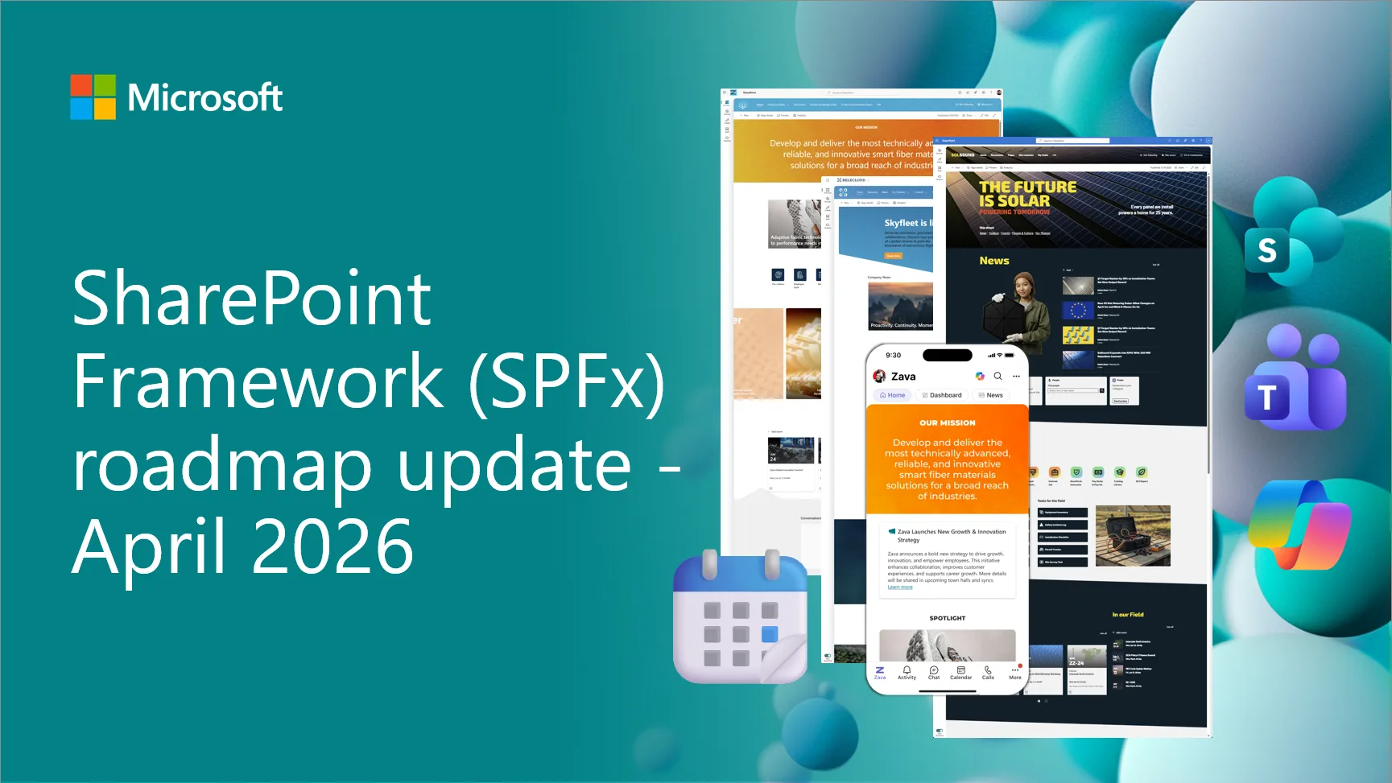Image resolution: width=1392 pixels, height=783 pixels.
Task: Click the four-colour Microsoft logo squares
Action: point(93,97)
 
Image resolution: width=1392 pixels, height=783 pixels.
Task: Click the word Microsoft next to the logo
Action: point(204,98)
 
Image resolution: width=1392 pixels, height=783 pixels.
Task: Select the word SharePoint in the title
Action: point(251,299)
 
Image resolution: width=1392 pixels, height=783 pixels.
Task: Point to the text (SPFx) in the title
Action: point(567,381)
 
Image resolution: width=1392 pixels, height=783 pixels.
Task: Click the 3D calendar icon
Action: point(740,618)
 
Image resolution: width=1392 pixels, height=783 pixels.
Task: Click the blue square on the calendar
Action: point(770,634)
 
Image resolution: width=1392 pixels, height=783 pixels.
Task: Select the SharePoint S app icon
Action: point(1266,251)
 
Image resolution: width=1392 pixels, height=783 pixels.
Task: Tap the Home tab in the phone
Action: point(892,395)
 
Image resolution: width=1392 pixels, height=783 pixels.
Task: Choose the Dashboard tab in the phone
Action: point(941,395)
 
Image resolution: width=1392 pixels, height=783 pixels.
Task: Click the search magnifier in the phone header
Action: point(998,376)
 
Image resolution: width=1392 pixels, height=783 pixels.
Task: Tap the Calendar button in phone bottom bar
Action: point(960,673)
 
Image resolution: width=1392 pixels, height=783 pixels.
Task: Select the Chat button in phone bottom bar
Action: point(934,673)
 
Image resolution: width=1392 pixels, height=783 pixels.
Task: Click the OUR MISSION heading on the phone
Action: point(947,422)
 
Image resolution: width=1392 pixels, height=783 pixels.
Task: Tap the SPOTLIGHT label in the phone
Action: point(947,618)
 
